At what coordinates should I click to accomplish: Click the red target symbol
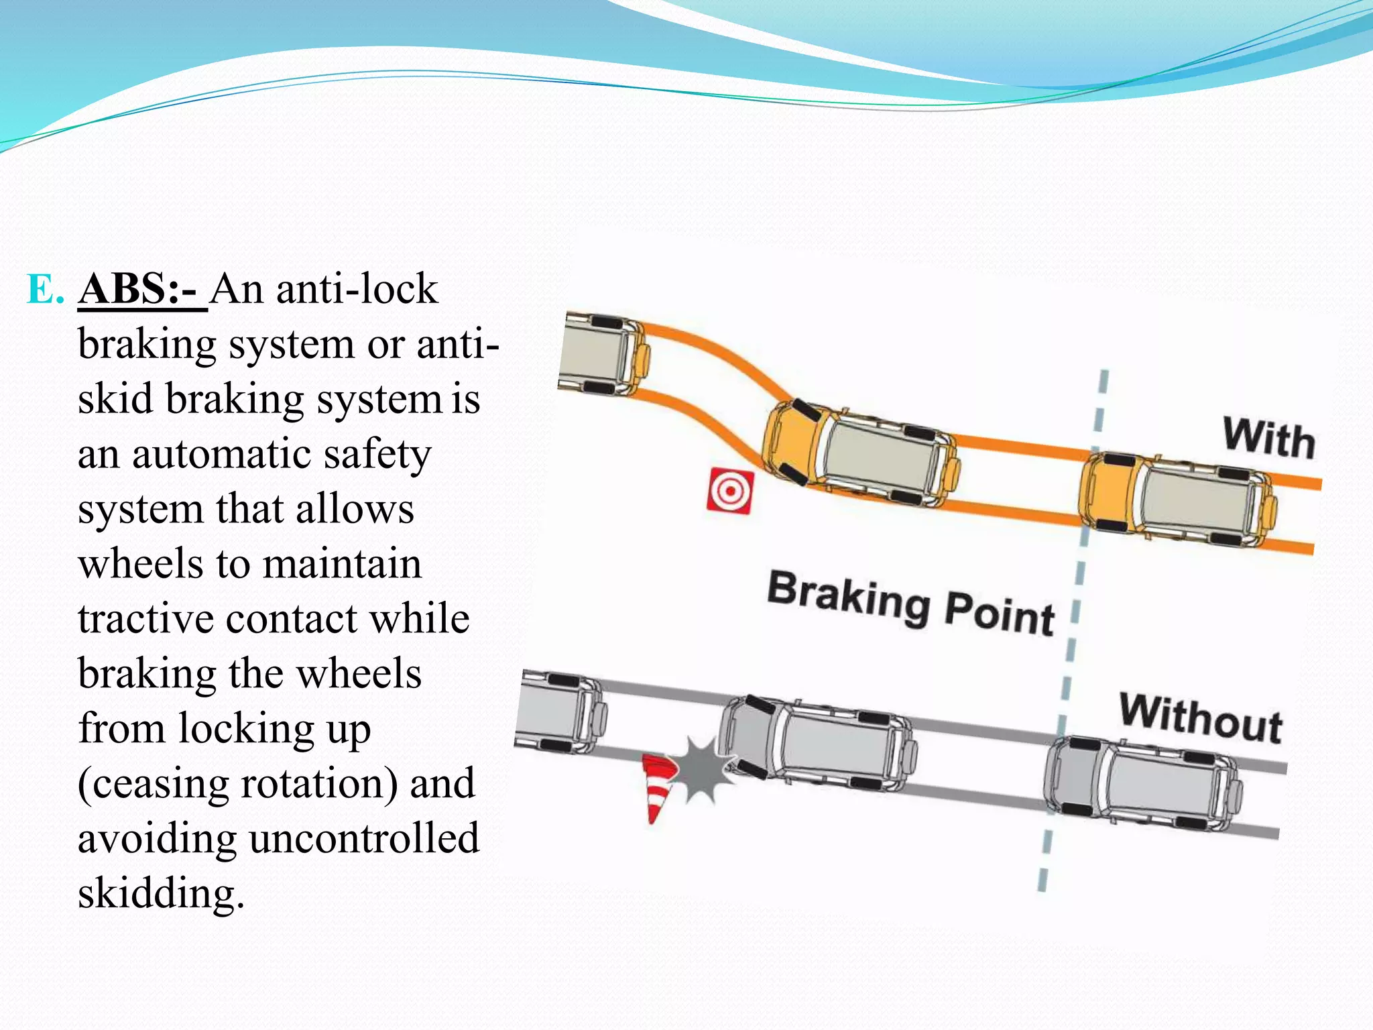pyautogui.click(x=730, y=492)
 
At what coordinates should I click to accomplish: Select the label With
pyautogui.click(x=1268, y=439)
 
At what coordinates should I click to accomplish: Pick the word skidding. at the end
pyautogui.click(x=161, y=893)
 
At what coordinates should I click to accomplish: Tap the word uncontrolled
pyautogui.click(x=364, y=838)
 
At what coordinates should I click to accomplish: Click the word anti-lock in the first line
pyautogui.click(x=357, y=290)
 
